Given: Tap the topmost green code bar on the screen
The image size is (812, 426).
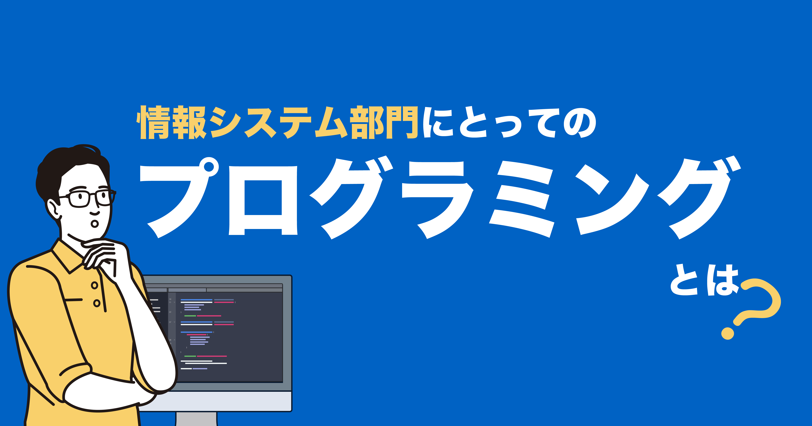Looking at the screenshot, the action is pos(190,316).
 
